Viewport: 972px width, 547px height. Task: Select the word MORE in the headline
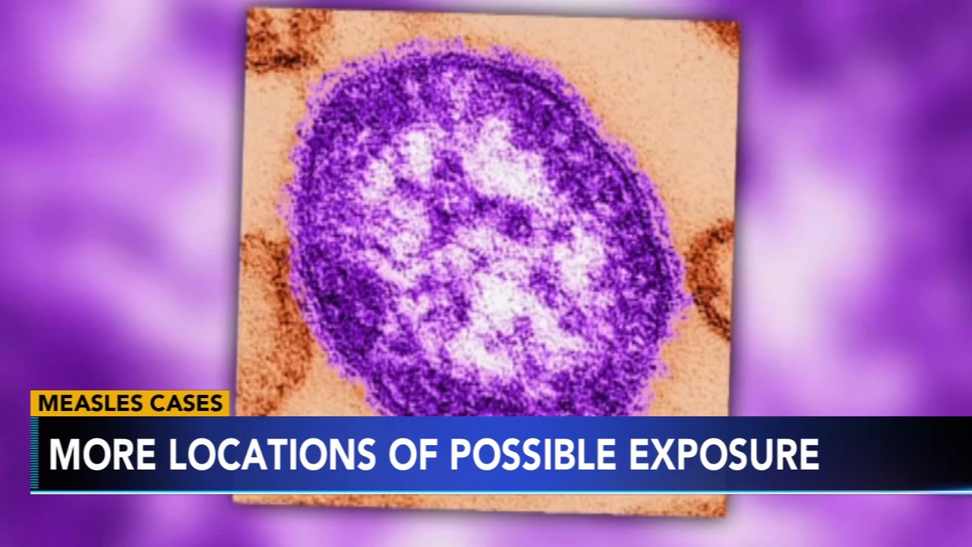[103, 454]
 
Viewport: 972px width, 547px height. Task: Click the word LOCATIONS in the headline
[272, 454]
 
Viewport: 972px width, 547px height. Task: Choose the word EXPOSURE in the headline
[724, 454]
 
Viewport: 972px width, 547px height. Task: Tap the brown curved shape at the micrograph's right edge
[706, 278]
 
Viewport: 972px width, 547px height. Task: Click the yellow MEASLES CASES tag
[130, 403]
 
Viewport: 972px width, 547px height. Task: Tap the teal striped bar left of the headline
[34, 454]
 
